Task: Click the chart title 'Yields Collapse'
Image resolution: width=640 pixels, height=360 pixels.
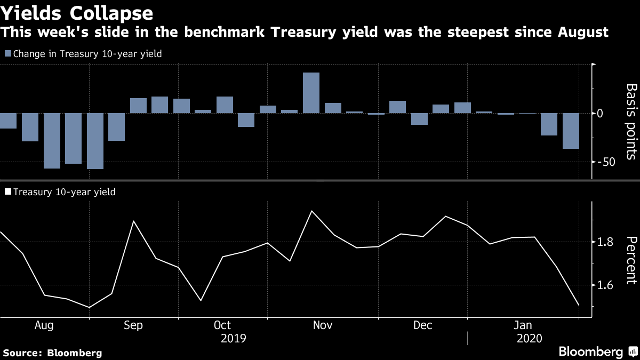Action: (77, 13)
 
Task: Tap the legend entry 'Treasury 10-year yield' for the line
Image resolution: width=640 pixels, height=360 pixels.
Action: (63, 192)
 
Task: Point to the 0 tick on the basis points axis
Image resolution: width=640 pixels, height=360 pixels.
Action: (600, 114)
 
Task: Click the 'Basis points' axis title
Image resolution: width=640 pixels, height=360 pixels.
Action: (630, 121)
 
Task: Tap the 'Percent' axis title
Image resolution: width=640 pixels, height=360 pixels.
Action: (630, 260)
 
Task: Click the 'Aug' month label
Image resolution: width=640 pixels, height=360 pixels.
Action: (43, 325)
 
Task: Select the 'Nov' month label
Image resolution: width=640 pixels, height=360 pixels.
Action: (322, 325)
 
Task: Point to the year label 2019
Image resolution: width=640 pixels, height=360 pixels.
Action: (234, 338)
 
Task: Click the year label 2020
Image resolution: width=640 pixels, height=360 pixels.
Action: (529, 338)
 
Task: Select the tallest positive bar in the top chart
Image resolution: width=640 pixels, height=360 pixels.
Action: (311, 93)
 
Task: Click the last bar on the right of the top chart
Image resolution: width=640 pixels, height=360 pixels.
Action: (571, 131)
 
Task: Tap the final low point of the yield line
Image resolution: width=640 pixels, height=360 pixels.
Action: (579, 306)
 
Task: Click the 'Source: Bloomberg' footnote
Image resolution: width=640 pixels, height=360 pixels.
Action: (52, 353)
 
